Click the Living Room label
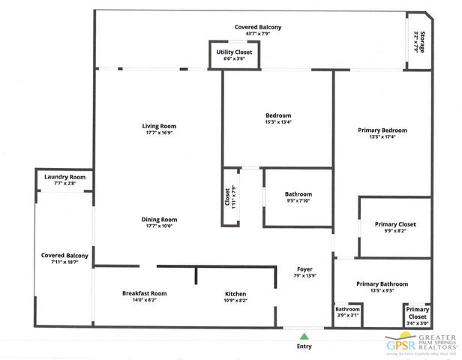coord(158,125)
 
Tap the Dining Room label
coord(159,220)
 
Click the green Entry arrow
coord(304,335)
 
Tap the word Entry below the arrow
coord(304,346)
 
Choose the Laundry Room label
coord(64,177)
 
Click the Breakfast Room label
coord(144,293)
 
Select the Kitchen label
coord(235,293)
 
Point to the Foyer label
coord(304,268)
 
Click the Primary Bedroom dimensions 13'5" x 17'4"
coord(382,137)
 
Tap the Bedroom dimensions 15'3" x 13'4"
coord(277,122)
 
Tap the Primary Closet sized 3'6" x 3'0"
coord(417,314)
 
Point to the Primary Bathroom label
coord(382,284)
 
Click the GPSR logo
coord(420,343)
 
